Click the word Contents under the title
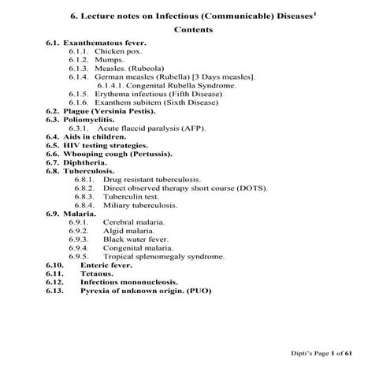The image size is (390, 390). pos(192,29)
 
